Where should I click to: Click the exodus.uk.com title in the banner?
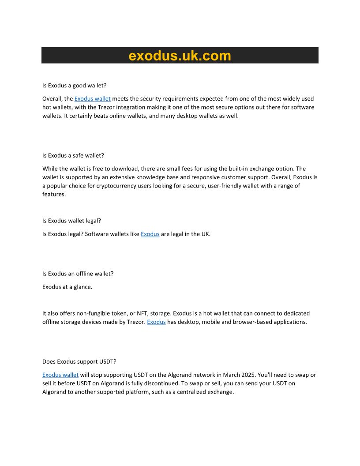point(180,56)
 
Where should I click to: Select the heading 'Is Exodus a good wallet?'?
point(74,86)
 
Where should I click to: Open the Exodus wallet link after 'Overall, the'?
point(92,99)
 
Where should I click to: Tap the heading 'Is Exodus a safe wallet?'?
point(73,155)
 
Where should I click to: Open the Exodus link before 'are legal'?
point(150,234)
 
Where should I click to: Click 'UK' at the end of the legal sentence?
point(205,234)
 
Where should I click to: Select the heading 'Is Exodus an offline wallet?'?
point(78,274)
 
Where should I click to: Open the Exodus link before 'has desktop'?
point(156,322)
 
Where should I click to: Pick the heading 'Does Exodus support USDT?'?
point(79,361)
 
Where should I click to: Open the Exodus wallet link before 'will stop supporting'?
point(60,375)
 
